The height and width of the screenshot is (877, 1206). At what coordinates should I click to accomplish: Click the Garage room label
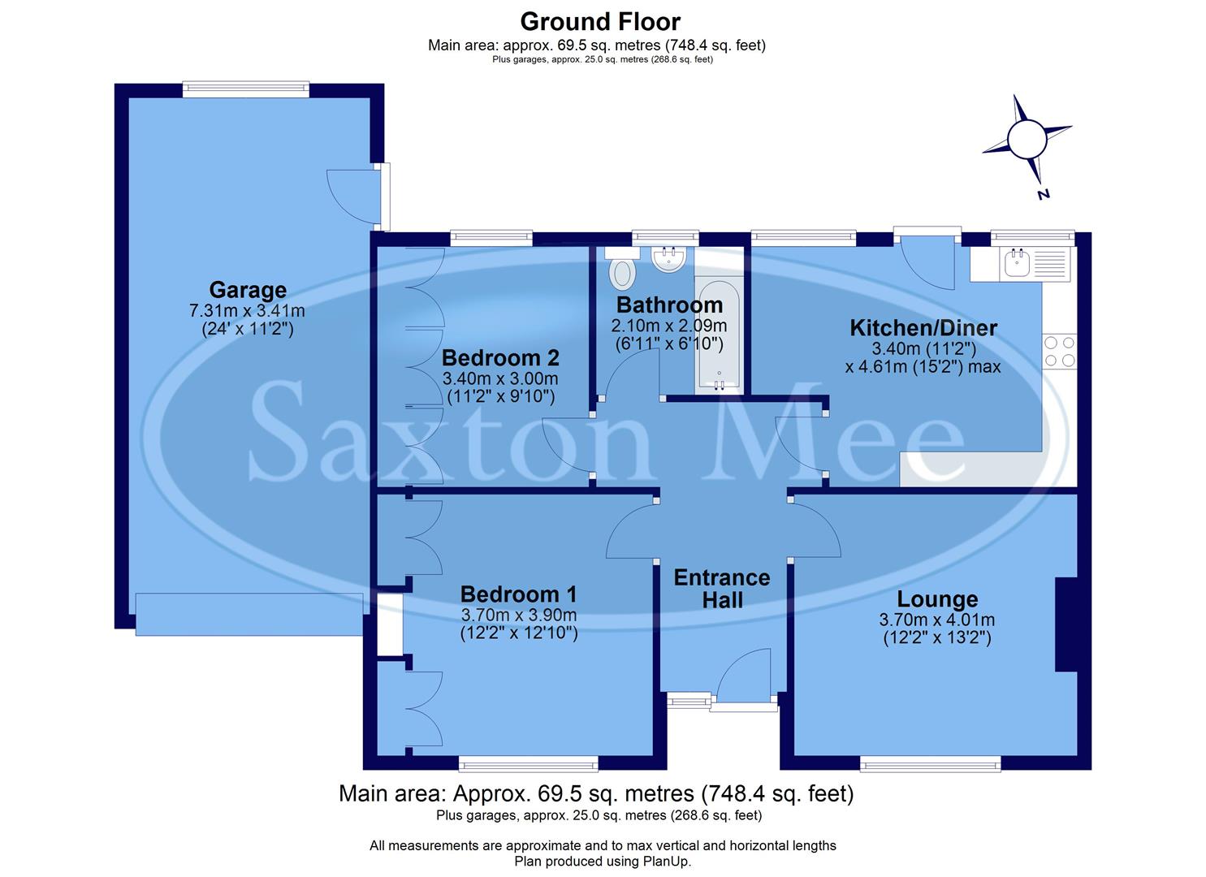(248, 290)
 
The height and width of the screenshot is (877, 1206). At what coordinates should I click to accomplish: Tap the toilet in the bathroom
(623, 272)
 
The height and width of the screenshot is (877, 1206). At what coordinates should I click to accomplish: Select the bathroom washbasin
(669, 259)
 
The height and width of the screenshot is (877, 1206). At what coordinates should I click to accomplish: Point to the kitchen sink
(1018, 264)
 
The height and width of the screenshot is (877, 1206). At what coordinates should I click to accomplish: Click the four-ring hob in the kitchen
(1060, 351)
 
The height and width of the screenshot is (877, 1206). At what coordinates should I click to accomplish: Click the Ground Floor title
(600, 21)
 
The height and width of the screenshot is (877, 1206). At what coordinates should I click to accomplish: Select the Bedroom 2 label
(500, 358)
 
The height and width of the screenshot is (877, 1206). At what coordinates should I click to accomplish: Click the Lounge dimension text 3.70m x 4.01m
(936, 620)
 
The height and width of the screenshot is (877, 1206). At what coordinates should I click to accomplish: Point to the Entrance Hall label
(722, 589)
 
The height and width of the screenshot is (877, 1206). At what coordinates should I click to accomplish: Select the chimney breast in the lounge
(1066, 624)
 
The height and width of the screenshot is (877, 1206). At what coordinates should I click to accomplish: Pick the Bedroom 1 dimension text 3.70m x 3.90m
(518, 615)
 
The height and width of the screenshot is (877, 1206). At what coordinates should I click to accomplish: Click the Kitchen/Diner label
(923, 328)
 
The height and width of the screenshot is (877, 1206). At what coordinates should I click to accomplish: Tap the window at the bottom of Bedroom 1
(528, 763)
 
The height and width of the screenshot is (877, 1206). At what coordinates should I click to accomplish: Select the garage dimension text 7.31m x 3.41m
(247, 310)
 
